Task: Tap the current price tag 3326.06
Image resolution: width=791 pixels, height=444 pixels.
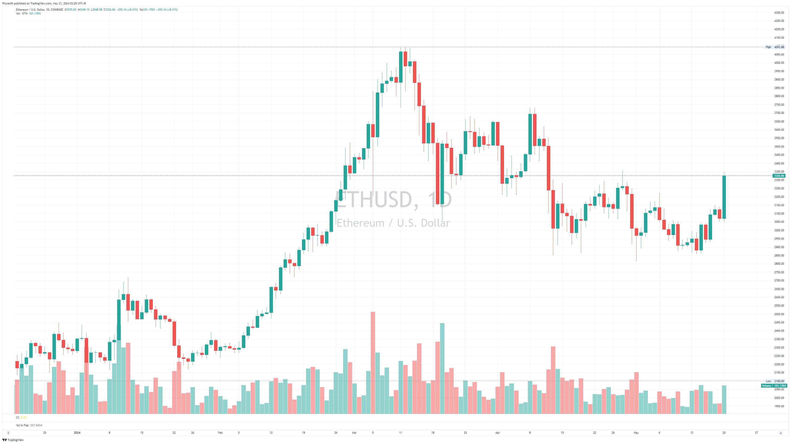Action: (779, 176)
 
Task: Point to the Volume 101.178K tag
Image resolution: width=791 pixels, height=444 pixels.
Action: (774, 386)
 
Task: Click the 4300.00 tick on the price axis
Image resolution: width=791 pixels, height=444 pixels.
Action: (779, 13)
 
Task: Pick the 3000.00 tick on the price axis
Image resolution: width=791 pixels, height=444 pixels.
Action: (779, 230)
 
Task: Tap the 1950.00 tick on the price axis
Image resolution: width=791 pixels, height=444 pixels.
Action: (779, 406)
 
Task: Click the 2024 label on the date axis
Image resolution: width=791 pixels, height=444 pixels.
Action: (77, 433)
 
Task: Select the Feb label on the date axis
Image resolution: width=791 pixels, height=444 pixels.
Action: (220, 433)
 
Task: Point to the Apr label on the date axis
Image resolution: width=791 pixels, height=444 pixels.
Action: (497, 433)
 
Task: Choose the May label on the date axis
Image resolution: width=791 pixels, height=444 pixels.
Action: (636, 433)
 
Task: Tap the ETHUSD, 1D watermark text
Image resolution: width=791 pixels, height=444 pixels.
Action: (393, 200)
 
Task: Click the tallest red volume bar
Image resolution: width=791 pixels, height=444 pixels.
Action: (373, 362)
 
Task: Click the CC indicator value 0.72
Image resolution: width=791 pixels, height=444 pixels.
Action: (24, 418)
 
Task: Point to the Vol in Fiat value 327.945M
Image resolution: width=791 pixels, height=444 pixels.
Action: (36, 425)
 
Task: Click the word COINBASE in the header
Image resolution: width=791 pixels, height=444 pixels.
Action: (57, 9)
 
